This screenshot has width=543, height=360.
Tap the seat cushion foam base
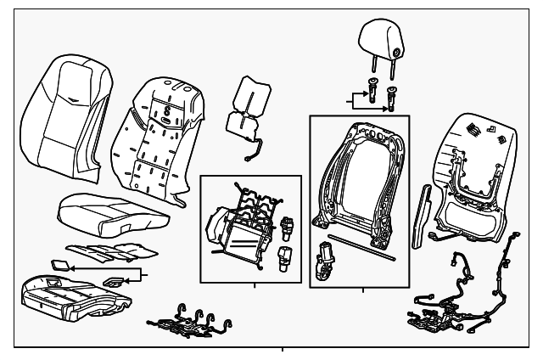pos(72,293)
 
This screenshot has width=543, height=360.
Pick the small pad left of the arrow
pos(59,266)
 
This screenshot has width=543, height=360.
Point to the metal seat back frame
pos(356,178)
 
